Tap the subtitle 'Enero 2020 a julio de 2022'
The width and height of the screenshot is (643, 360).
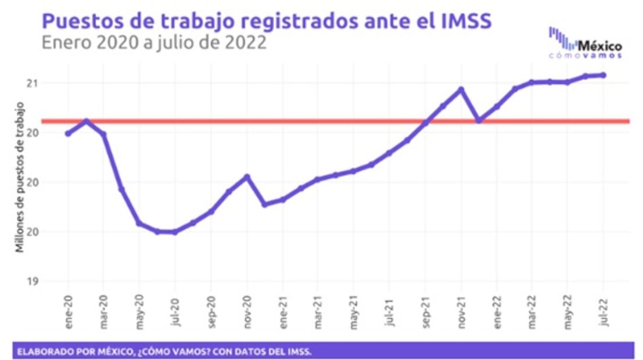154,43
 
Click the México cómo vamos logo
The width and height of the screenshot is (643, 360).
585,43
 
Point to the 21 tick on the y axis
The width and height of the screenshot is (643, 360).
33,83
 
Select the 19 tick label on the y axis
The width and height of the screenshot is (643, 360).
33,282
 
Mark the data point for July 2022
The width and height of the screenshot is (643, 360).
604,75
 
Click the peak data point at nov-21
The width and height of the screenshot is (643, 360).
461,89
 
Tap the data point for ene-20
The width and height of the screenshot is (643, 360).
69,134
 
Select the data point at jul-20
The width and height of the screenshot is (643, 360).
175,232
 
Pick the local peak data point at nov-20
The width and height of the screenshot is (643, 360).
247,177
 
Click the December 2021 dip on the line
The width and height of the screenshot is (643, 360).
479,121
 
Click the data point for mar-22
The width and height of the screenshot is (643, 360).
531,82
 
